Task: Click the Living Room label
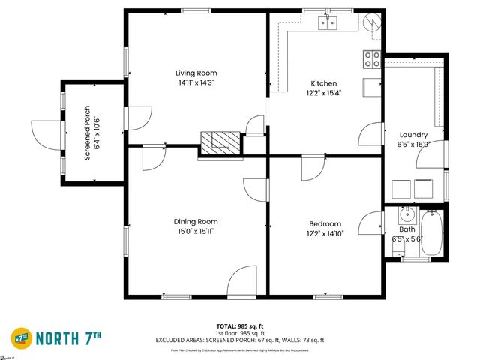point(196,73)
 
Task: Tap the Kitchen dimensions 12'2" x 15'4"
point(324,94)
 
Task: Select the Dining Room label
point(196,221)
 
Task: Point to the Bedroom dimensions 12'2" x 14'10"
point(325,235)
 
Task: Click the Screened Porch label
point(87,132)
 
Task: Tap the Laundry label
point(413,134)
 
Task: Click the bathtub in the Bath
point(433,234)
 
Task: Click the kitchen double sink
point(328,22)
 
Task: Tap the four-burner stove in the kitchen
point(371,59)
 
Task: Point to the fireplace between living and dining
point(221,142)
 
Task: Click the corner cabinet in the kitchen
point(370,24)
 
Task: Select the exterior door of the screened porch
point(44,133)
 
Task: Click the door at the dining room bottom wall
point(244,281)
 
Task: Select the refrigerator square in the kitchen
point(371,87)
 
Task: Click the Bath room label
point(406,229)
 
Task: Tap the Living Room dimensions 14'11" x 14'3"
point(196,83)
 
